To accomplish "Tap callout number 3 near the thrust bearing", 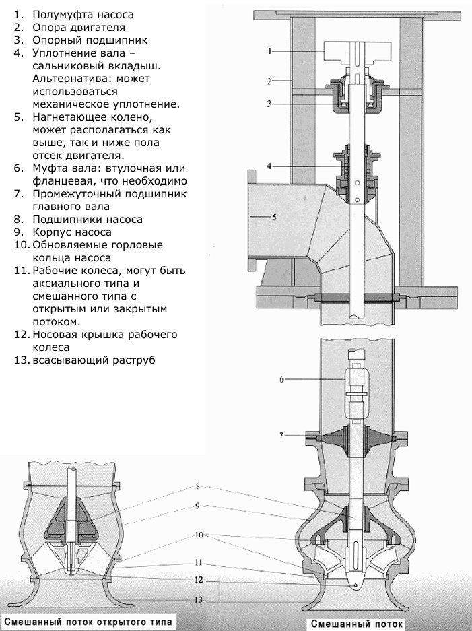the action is (269, 104).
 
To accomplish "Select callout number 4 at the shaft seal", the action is (269, 166).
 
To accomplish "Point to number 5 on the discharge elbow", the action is (274, 217).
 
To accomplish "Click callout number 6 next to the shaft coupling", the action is (281, 379).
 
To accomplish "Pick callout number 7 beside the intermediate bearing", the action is (281, 435).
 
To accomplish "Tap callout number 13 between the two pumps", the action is (198, 600).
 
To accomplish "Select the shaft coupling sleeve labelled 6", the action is (356, 393).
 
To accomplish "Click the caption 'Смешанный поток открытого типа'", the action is (88, 622).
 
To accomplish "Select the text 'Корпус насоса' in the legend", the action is (72, 232).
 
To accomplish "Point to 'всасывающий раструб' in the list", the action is (94, 360).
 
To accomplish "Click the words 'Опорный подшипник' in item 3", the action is (90, 40).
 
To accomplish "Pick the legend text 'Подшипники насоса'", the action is (88, 220).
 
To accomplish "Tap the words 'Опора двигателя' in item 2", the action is (79, 28).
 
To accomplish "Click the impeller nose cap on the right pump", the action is (354, 583).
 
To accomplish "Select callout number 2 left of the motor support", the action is (269, 81).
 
